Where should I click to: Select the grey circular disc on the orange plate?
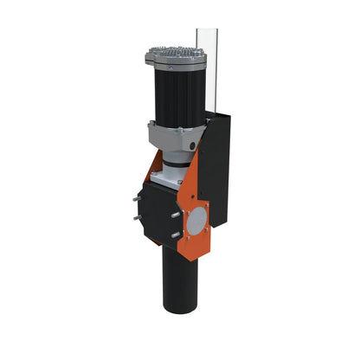[x=197, y=222]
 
